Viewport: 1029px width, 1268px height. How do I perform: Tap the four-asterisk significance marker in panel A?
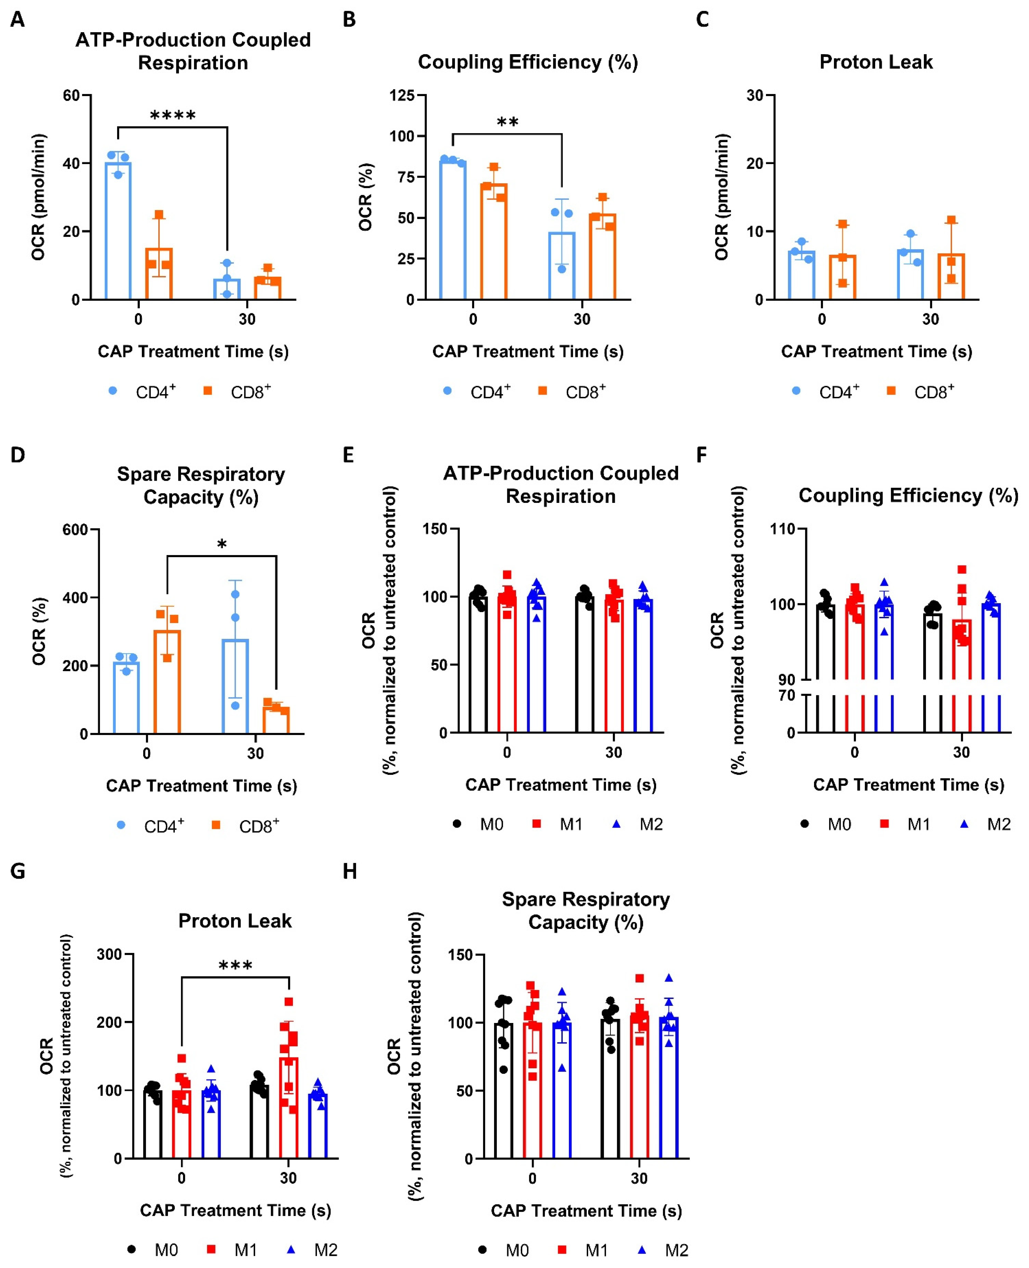click(x=172, y=116)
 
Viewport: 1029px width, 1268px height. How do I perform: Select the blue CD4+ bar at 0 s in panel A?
click(x=118, y=231)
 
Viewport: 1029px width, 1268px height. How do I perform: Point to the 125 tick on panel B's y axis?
click(x=402, y=95)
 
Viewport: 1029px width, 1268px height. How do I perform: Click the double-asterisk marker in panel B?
click(x=507, y=123)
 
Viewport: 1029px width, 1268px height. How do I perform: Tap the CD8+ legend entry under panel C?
click(x=933, y=392)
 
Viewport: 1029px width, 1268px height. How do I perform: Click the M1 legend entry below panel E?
click(x=570, y=824)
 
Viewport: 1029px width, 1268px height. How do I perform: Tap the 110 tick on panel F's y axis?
click(x=783, y=529)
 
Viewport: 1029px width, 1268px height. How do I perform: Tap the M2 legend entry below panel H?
click(x=676, y=1250)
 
